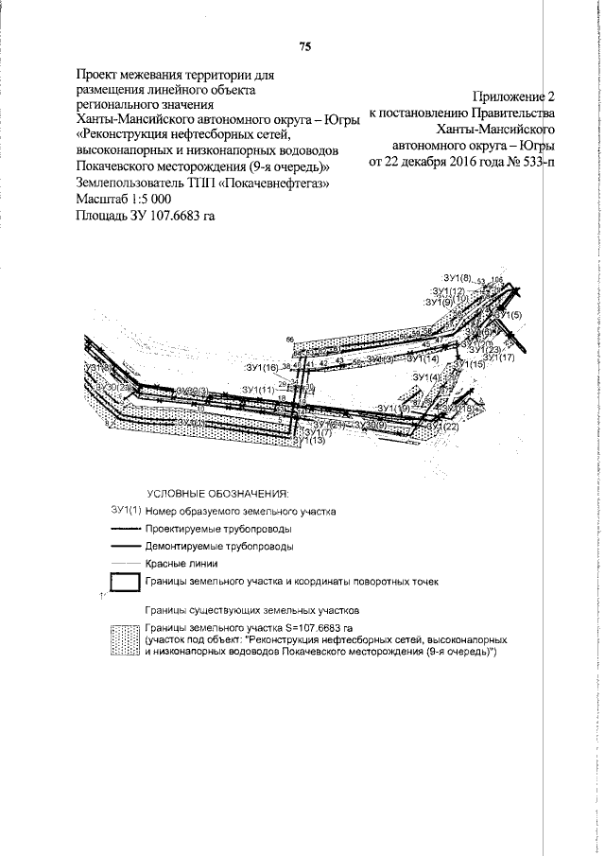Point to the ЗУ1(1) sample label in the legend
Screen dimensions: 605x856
pos(124,510)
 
